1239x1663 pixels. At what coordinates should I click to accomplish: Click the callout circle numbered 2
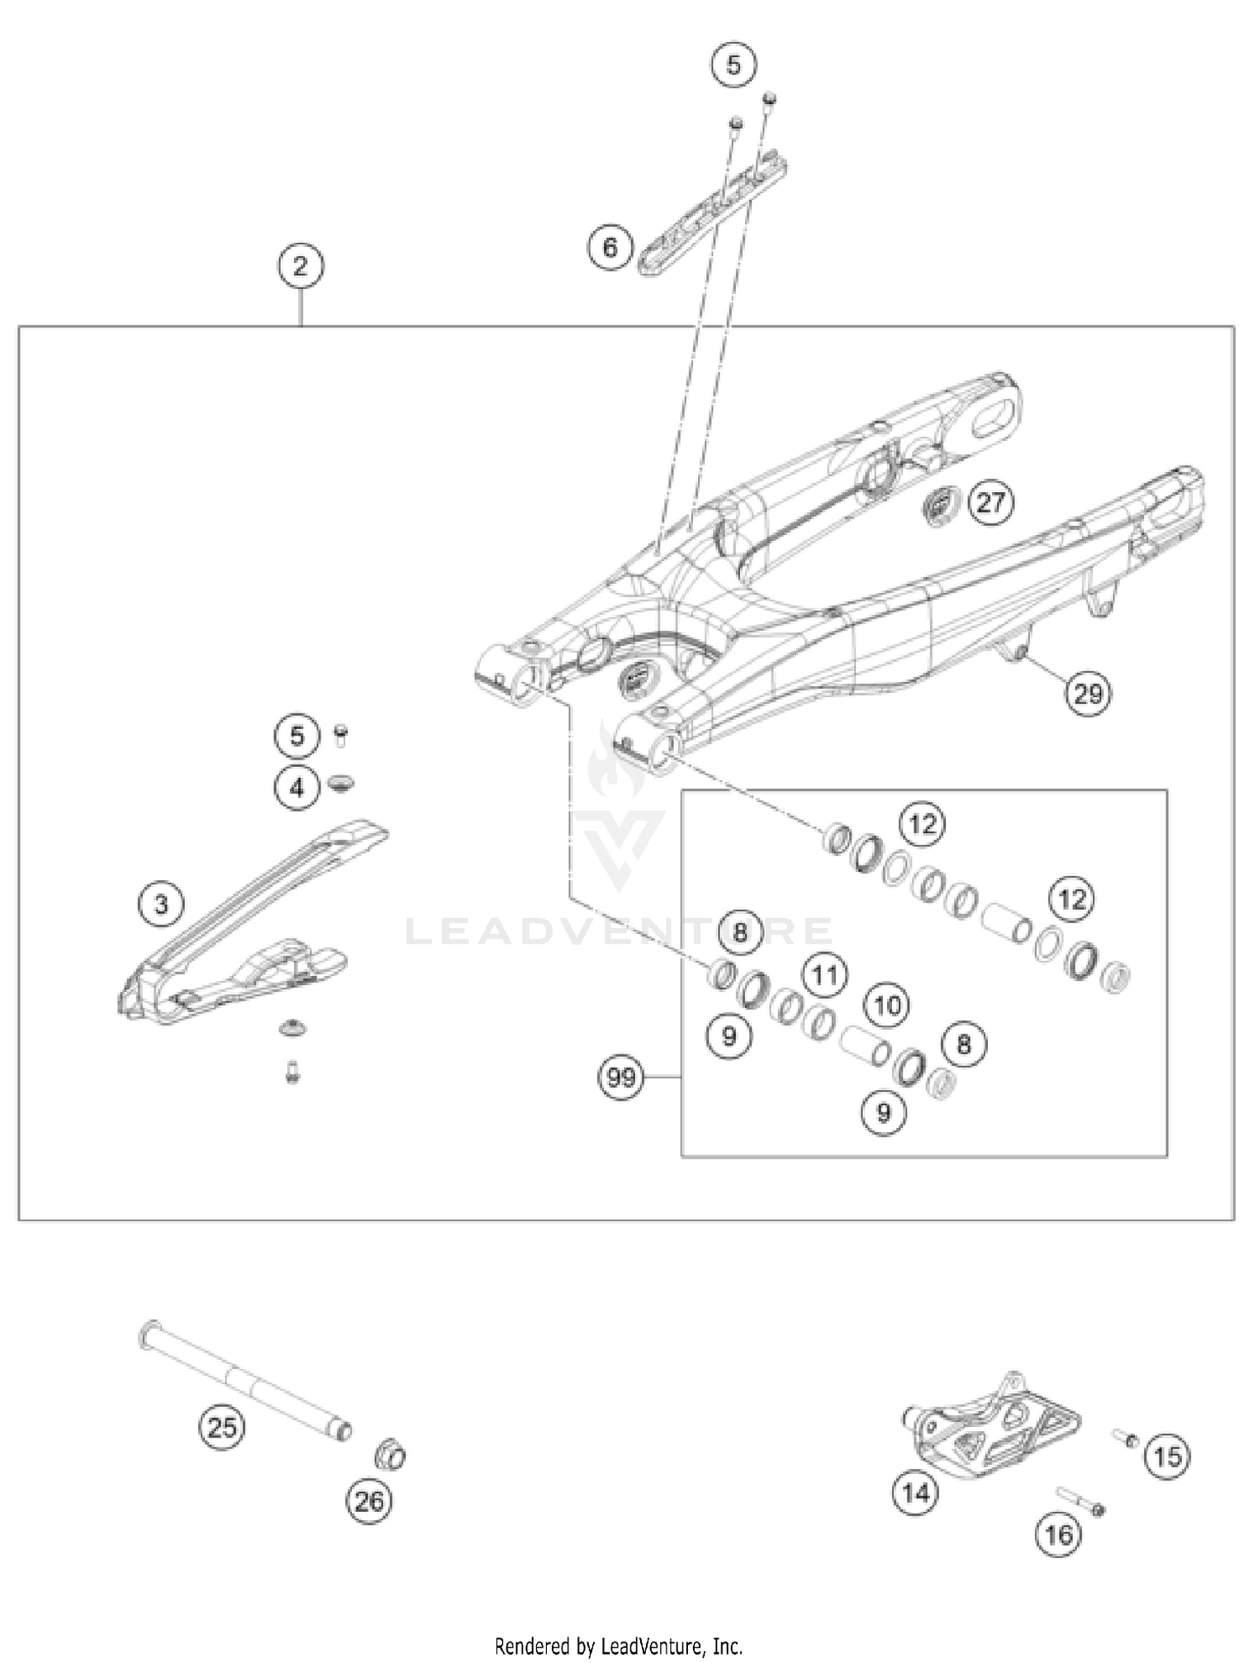tap(300, 266)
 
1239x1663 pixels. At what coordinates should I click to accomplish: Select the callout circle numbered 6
tap(610, 247)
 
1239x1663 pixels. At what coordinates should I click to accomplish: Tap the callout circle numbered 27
tap(990, 502)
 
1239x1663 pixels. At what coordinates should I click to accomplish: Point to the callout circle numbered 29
tap(1088, 692)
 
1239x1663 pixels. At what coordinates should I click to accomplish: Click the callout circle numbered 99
tap(621, 1077)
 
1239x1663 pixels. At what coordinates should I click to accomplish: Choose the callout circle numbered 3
tap(161, 904)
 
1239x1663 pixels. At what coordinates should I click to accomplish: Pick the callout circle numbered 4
tap(297, 787)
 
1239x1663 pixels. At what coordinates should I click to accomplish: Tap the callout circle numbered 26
tap(368, 1500)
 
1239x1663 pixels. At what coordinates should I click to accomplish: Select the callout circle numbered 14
tap(916, 1492)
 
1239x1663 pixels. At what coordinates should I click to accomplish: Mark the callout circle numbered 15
tap(1167, 1456)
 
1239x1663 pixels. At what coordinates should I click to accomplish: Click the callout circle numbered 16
tap(1058, 1534)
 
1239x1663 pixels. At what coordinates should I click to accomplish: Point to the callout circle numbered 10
tap(887, 1005)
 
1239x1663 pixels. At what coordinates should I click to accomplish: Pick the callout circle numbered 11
tap(824, 976)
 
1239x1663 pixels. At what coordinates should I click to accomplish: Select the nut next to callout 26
tap(390, 1454)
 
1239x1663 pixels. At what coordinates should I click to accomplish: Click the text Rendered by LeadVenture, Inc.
tap(619, 1646)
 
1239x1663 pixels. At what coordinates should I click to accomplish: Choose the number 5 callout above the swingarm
tap(733, 64)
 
